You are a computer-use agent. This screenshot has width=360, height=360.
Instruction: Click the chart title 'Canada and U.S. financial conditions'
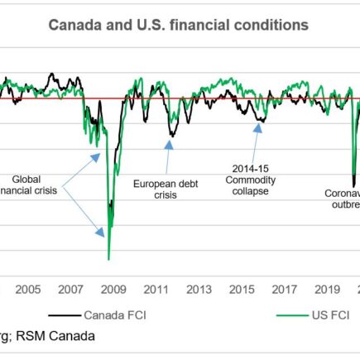pyautogui.click(x=178, y=25)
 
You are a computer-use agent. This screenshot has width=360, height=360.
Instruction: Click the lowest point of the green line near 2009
pyautogui.click(x=108, y=259)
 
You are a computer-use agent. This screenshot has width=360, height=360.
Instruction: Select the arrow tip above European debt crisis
pyautogui.click(x=170, y=141)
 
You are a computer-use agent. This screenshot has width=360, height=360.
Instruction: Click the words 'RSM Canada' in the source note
pyautogui.click(x=57, y=336)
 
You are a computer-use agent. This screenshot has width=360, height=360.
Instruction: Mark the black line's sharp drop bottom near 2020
pyautogui.click(x=354, y=186)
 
